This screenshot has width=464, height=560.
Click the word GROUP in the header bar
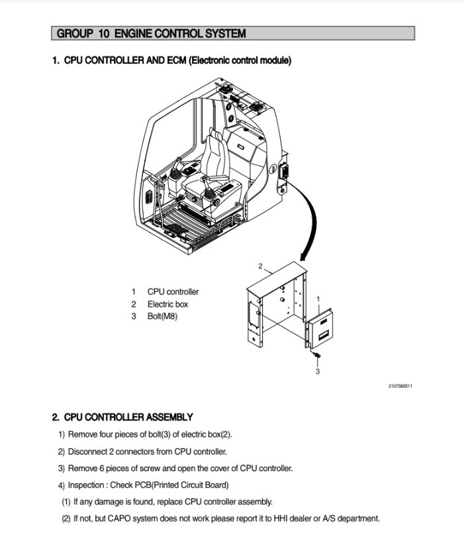pos(73,33)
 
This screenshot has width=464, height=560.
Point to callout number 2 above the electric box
pos(260,266)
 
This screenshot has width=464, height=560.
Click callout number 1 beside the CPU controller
pos(318,299)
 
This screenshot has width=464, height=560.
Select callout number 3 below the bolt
pos(318,372)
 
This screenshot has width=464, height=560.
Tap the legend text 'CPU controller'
pos(173,292)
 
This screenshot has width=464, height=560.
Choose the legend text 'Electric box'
pos(167,304)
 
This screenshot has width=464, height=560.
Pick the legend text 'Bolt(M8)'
pos(163,316)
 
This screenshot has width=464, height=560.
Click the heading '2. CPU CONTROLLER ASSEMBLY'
pos(122,418)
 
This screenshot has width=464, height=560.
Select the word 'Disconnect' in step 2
pos(88,452)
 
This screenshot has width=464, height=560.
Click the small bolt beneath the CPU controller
pos(316,358)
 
